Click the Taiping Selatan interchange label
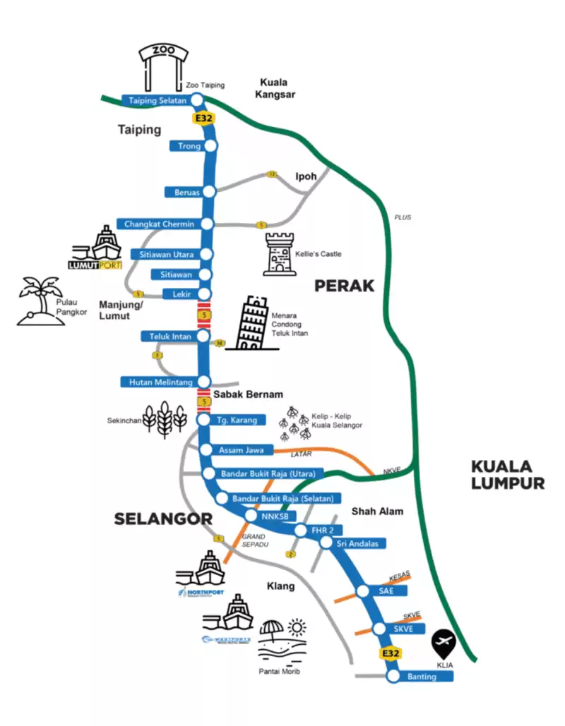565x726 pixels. (x=157, y=101)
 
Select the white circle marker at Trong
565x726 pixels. (x=210, y=146)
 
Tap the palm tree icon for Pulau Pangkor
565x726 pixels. (x=39, y=300)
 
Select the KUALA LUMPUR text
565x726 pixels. (x=507, y=474)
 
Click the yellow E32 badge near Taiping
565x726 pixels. (x=203, y=119)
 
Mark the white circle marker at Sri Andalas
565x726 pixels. (x=326, y=543)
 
